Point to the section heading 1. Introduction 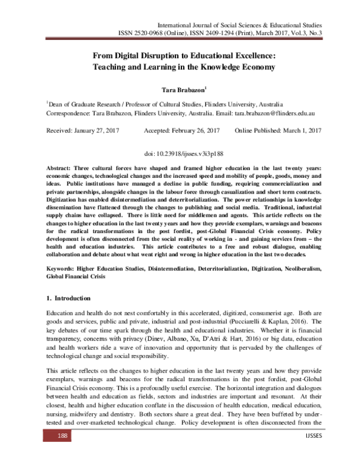(x=69, y=299)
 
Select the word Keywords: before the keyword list (x=64, y=267)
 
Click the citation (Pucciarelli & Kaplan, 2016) (x=272, y=320)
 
